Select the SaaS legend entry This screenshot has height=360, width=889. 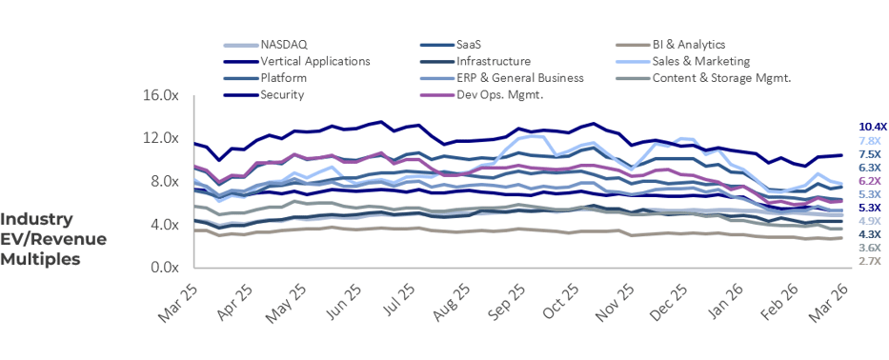(x=469, y=45)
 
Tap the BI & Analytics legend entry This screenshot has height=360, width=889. (x=688, y=45)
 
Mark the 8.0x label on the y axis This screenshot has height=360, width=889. (x=163, y=182)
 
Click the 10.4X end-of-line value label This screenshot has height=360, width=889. (x=872, y=127)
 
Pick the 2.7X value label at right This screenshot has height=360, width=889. (x=869, y=261)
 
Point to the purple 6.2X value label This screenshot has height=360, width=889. (x=869, y=181)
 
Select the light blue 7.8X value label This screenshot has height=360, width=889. (x=869, y=141)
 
